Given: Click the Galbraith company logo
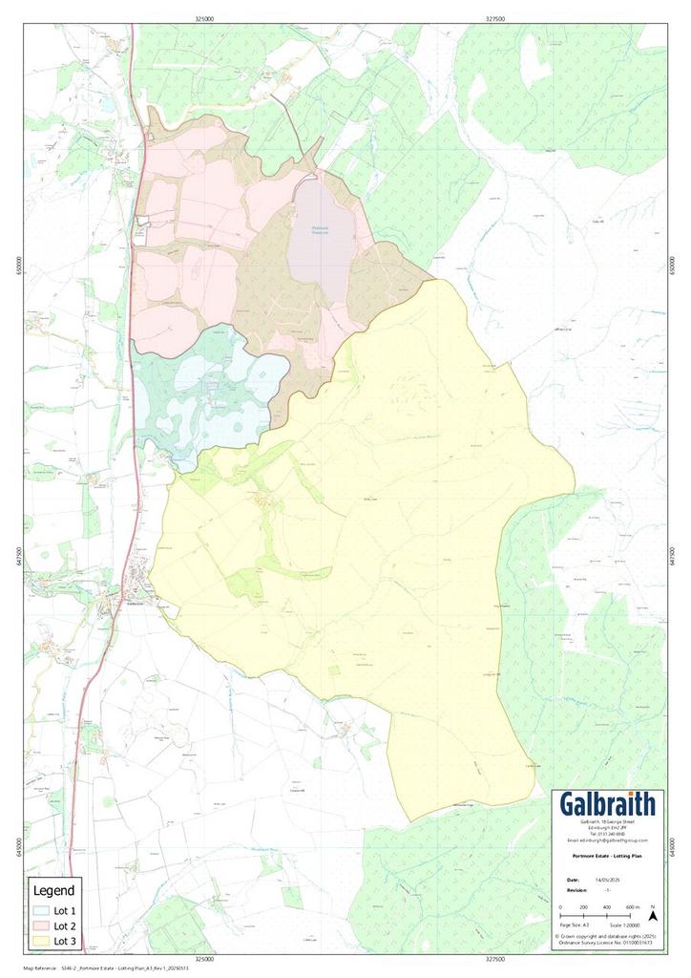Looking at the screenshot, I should pos(607,804).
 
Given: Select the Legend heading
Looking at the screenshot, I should pos(53,890).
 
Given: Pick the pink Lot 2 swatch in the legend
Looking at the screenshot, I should pos(41,925).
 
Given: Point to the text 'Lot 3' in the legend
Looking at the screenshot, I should pos(64,941).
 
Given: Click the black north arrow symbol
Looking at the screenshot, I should pos(653,914).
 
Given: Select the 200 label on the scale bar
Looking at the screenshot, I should pos(584,906).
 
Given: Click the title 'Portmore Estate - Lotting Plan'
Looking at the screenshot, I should pos(607,857).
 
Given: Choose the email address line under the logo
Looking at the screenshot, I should pos(607,840).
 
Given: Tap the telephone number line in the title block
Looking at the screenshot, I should pos(607,834).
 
